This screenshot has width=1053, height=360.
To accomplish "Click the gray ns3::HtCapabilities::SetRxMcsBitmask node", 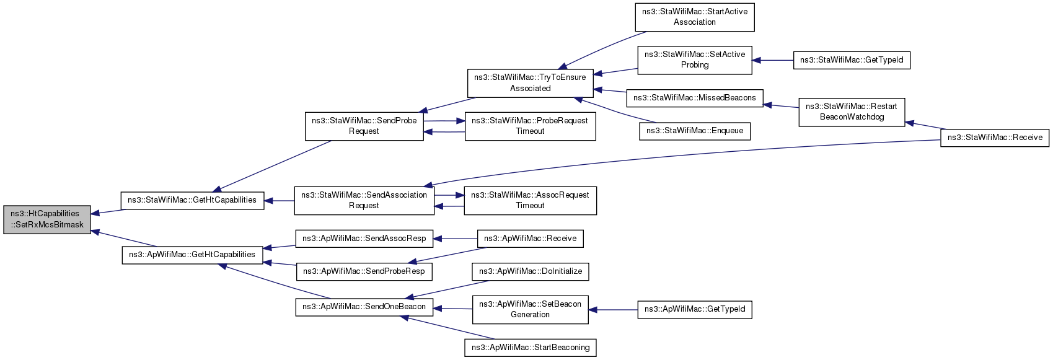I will pyautogui.click(x=47, y=219).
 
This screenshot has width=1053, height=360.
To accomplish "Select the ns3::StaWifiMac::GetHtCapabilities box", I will pyautogui.click(x=192, y=200).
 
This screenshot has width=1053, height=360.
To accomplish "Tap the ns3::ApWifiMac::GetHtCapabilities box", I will pyautogui.click(x=192, y=255).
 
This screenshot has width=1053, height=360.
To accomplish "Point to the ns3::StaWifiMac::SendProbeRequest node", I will pyautogui.click(x=364, y=126).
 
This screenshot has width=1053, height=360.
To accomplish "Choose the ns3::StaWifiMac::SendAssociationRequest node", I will pyautogui.click(x=364, y=200).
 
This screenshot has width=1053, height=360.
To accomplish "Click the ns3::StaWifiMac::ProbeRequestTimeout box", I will pyautogui.click(x=530, y=126).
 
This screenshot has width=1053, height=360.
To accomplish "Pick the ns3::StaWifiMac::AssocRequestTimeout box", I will pyautogui.click(x=530, y=200).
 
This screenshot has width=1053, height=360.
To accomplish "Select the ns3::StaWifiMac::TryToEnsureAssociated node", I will pyautogui.click(x=530, y=83).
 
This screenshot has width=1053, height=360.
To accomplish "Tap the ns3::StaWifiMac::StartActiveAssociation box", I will pyautogui.click(x=695, y=17).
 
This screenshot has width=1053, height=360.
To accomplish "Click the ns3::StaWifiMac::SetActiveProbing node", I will pyautogui.click(x=695, y=59).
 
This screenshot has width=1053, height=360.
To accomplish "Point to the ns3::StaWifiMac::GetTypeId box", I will pyautogui.click(x=852, y=60).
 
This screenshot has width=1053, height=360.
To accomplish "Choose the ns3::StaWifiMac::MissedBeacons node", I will pyautogui.click(x=695, y=98).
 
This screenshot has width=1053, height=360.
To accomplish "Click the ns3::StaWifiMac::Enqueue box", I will pyautogui.click(x=695, y=131).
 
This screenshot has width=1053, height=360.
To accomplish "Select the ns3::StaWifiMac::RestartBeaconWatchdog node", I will pyautogui.click(x=852, y=112).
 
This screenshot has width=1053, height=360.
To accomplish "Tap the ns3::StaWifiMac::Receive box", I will pyautogui.click(x=995, y=138).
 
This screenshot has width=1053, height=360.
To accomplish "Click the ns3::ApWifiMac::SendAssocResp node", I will pyautogui.click(x=364, y=239).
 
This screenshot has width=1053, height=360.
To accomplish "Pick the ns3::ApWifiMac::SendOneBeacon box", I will pyautogui.click(x=364, y=307).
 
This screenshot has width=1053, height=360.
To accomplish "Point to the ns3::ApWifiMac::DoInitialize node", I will pyautogui.click(x=531, y=271).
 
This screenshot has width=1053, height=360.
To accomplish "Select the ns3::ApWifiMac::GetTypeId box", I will pyautogui.click(x=695, y=309).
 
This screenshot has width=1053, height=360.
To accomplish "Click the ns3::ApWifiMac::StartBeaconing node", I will pyautogui.click(x=531, y=348).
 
